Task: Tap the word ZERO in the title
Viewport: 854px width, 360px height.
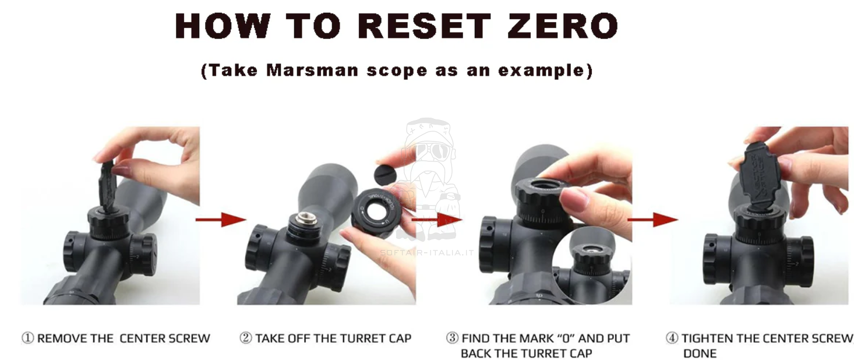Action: [x=563, y=26]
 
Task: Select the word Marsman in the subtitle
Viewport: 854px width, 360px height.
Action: [x=312, y=70]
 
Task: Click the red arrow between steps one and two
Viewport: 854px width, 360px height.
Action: [x=221, y=219]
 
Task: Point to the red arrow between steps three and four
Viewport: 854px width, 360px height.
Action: [x=652, y=219]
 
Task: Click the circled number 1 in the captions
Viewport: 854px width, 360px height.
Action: [x=28, y=338]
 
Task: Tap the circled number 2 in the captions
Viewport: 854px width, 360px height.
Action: [x=246, y=338]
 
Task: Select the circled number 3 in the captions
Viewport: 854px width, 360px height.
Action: [x=452, y=338]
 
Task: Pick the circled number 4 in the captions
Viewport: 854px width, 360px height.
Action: [x=672, y=338]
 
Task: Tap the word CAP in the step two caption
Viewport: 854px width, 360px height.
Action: [x=400, y=338]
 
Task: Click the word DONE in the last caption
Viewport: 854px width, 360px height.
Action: [x=700, y=354]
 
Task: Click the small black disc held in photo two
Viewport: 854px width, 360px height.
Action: [x=385, y=174]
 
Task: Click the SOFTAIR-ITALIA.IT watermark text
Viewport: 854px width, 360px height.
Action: [x=427, y=252]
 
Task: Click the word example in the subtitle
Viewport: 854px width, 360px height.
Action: [x=541, y=71]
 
